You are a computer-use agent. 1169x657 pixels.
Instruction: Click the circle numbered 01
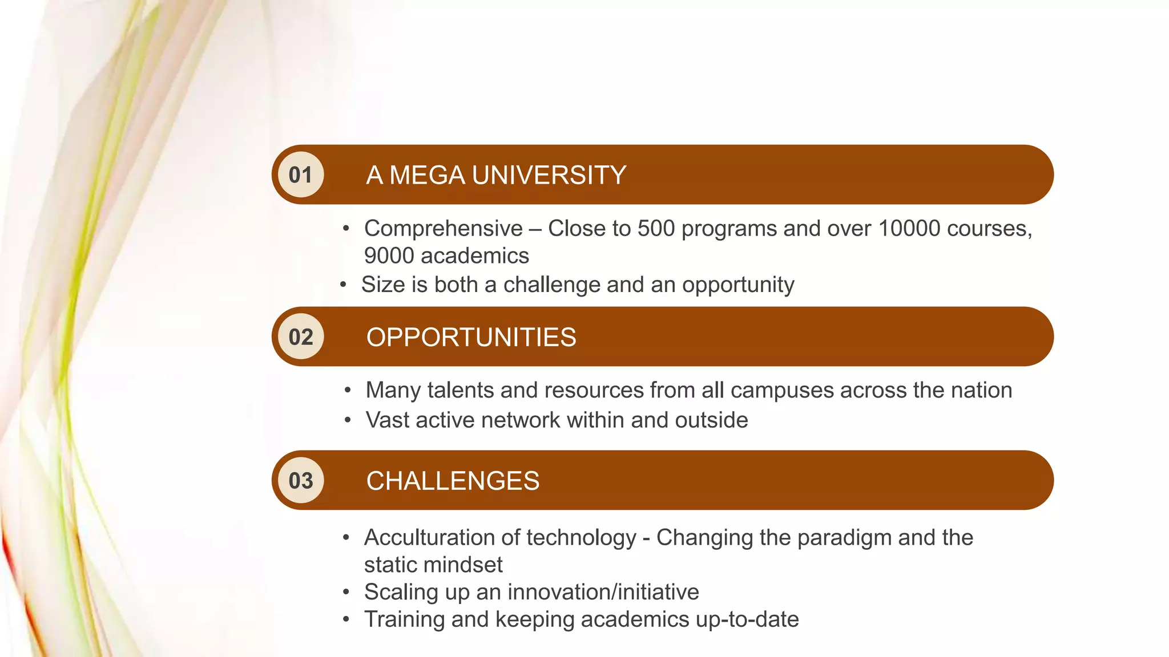[x=301, y=175]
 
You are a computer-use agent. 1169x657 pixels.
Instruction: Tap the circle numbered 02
[x=301, y=337]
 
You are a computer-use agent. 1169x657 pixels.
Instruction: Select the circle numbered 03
[x=301, y=481]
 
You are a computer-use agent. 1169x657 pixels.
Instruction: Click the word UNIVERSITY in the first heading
[x=549, y=175]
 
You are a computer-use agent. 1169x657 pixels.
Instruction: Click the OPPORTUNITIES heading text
[x=471, y=337]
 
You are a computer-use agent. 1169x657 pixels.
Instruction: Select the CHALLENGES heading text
[x=453, y=481]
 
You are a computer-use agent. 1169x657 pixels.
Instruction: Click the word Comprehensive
[x=444, y=229]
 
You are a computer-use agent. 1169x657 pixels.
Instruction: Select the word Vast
[x=388, y=420]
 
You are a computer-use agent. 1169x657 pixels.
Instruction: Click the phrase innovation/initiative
[x=603, y=592]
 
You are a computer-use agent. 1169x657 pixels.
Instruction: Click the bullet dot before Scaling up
[x=346, y=593]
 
